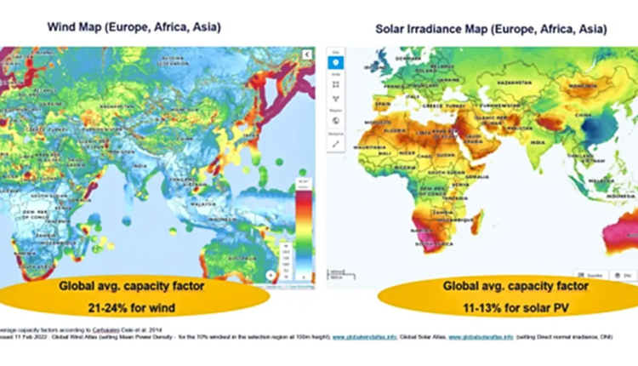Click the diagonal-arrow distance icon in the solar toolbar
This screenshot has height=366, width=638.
click(x=335, y=145)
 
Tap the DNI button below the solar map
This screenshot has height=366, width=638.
click(x=624, y=275)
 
